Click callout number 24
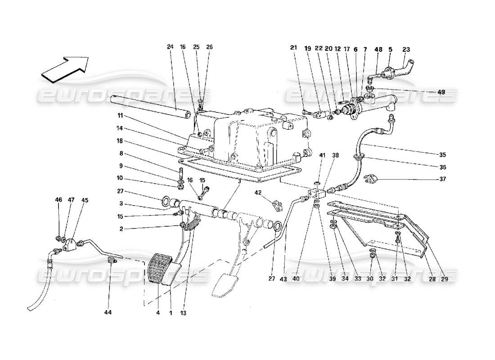pyautogui.click(x=170, y=47)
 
